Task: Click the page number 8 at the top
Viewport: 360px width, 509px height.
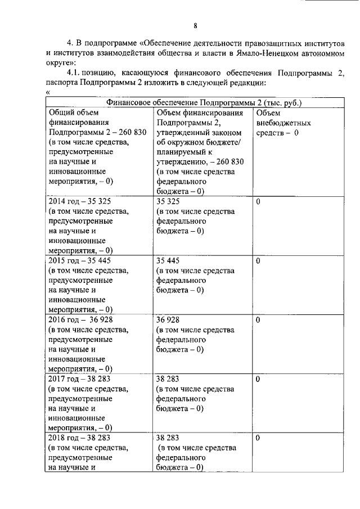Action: [x=195, y=25]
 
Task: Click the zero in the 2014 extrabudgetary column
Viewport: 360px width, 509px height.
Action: [x=258, y=200]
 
